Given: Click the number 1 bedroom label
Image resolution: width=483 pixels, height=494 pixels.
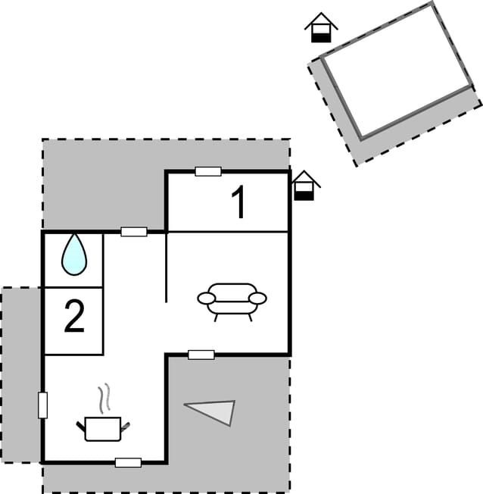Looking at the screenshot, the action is point(239,202).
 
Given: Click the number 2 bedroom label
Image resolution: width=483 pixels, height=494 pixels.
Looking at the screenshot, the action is point(74,316).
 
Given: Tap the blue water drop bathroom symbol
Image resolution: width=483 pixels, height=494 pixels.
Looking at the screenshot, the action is point(74,255).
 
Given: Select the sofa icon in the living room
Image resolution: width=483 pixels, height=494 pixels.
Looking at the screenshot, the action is point(232,302).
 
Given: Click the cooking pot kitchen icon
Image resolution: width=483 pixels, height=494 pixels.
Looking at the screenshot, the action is point(103,429).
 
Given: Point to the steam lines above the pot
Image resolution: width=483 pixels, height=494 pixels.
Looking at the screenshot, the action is point(104,399).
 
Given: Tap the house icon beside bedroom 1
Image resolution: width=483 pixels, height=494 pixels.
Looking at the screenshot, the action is point(304,186).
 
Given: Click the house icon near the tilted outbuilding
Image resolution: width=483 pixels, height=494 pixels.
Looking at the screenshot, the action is point(321,27).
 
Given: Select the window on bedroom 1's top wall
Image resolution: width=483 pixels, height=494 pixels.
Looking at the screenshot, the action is point(208,171).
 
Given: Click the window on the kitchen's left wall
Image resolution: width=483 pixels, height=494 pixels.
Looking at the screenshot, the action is point(43,405).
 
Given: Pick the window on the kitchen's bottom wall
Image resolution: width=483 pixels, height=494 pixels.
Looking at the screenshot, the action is point(128,462).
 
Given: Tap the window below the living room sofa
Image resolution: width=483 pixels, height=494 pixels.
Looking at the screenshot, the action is point(201,355).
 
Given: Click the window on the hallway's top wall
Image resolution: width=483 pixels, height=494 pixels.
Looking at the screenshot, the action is point(134,232).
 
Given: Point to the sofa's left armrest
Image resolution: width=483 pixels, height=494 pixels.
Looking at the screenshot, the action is point(207,298).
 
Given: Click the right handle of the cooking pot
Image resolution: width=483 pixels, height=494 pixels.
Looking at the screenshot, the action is point(126,427).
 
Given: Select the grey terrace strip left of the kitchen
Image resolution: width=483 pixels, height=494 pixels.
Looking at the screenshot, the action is point(20,375).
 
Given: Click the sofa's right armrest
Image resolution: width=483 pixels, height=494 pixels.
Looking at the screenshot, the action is point(257,298).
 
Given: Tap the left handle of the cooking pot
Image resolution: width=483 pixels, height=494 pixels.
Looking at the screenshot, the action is point(81,427).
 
